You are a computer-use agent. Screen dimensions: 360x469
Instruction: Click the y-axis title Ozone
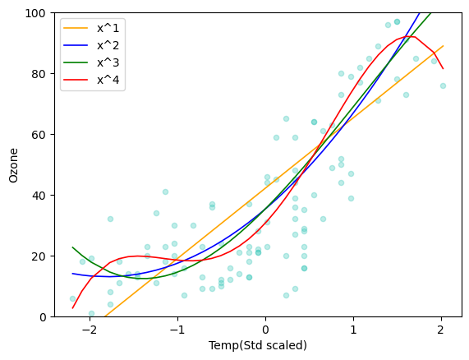13,165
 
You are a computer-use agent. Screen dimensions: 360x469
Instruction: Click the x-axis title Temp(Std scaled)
257,345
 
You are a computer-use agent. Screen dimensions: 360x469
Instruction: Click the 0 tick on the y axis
39,317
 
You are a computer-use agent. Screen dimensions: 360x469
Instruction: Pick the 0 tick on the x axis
265,329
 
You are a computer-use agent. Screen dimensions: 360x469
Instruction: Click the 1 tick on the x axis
354,329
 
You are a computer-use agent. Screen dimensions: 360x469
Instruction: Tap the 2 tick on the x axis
442,329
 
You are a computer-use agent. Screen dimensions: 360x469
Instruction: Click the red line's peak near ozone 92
410,36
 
